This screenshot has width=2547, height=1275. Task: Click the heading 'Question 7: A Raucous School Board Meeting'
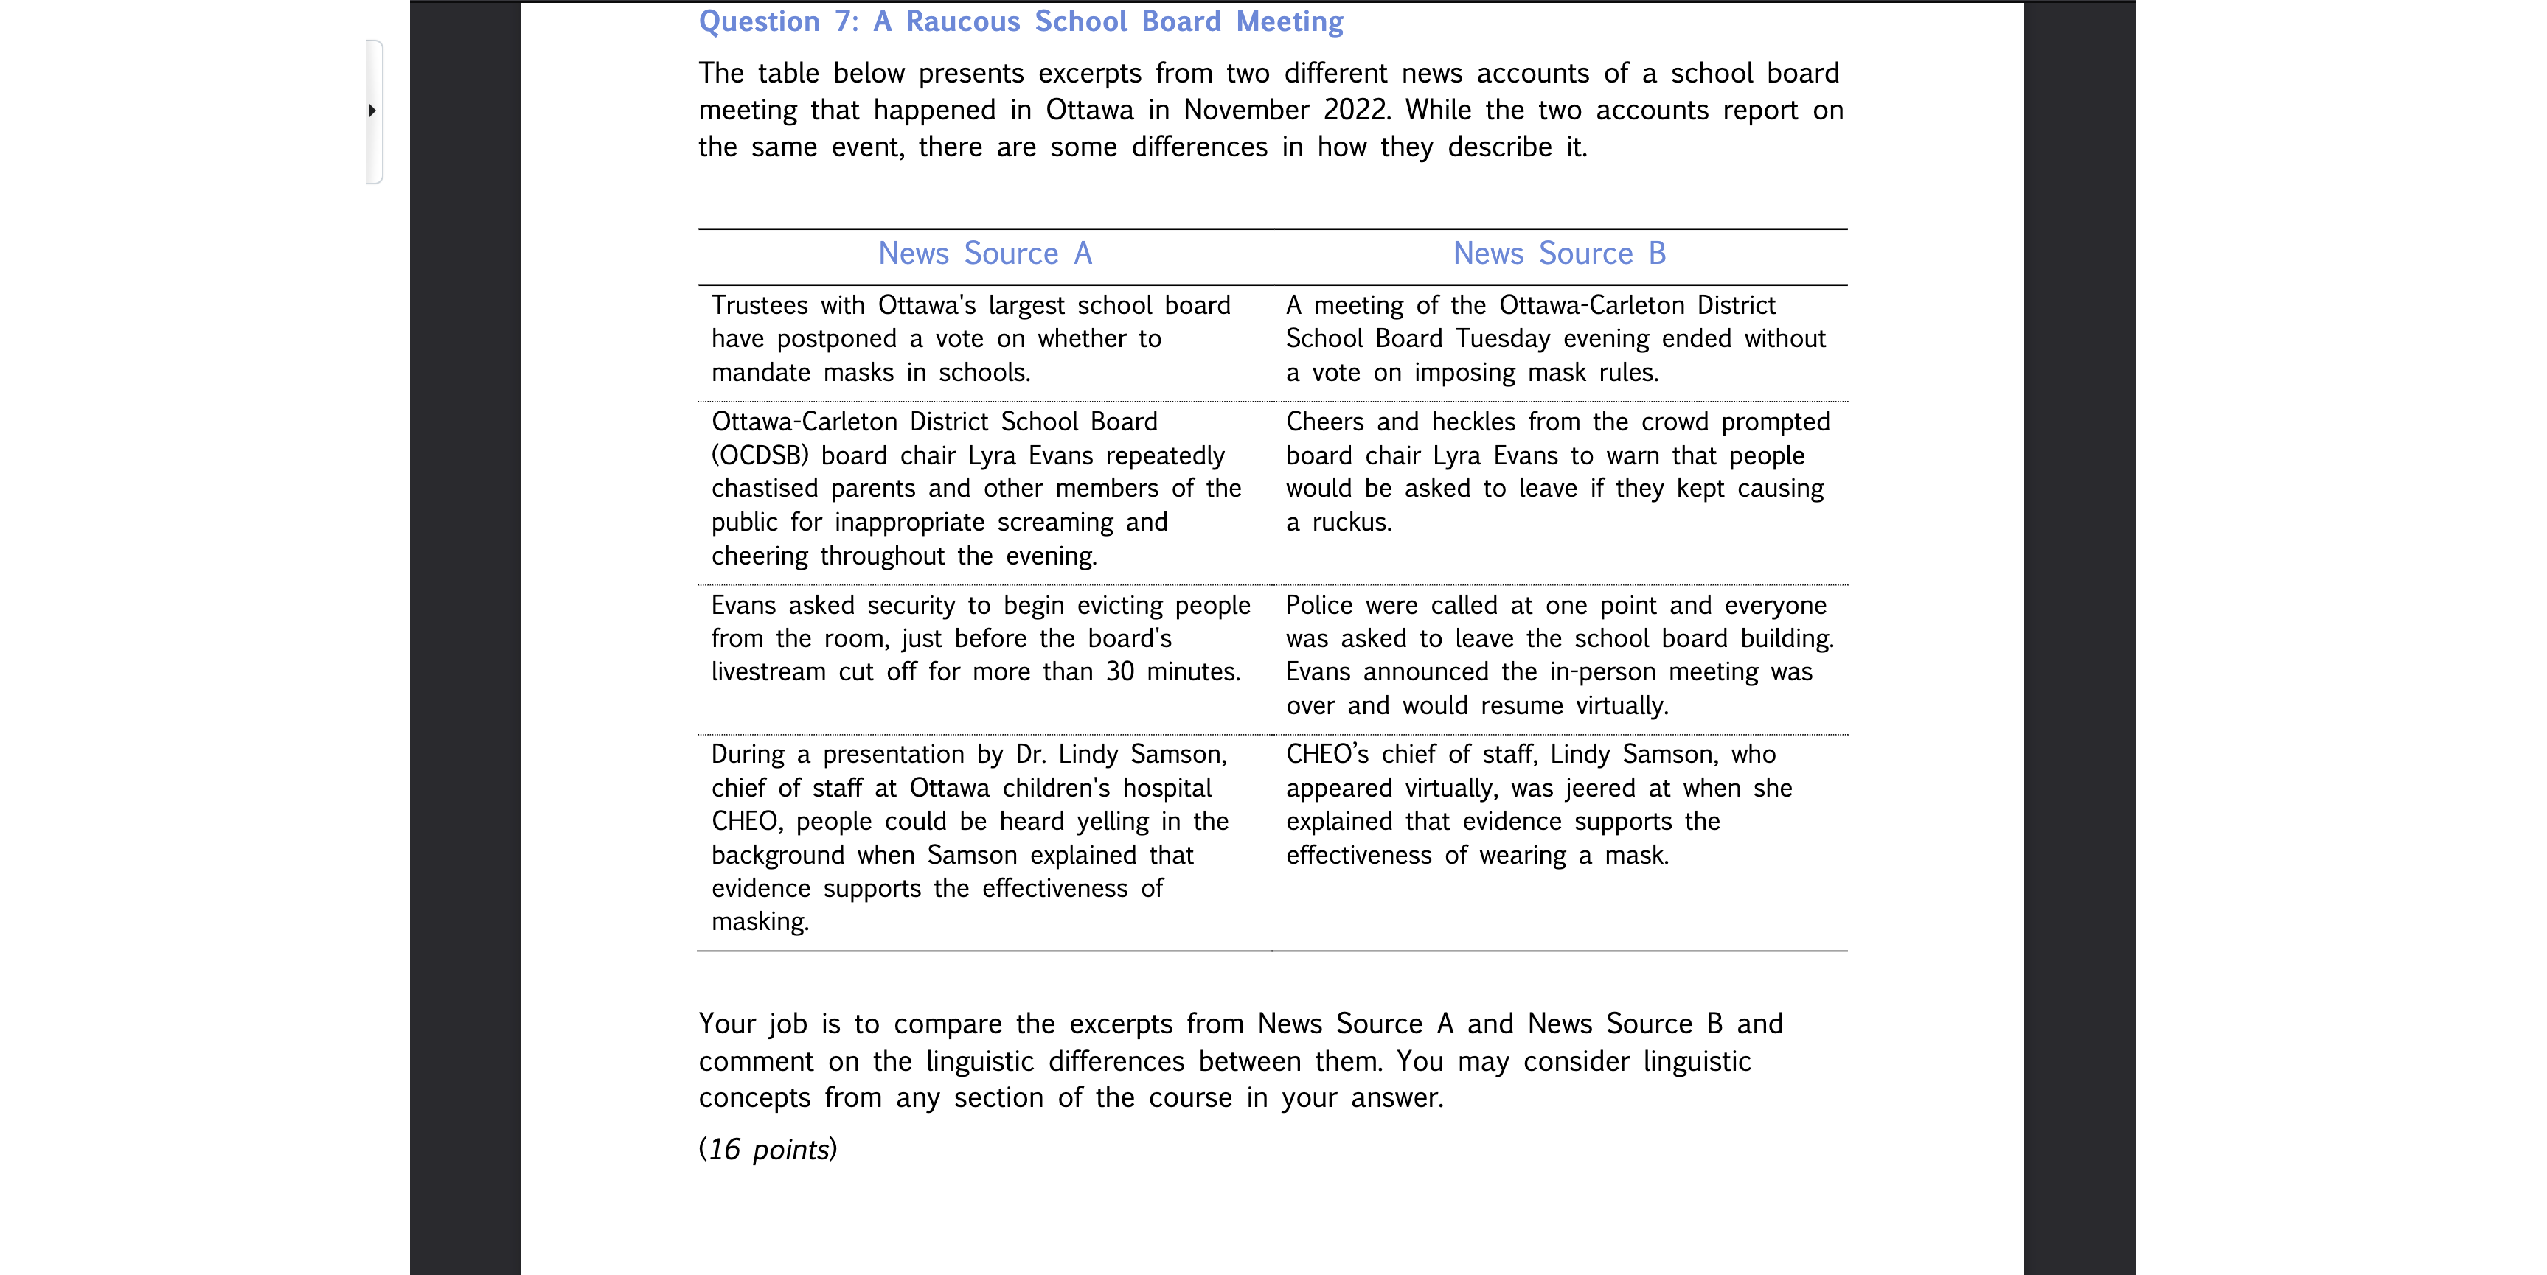(x=1021, y=22)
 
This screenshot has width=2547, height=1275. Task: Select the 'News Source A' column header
(x=984, y=254)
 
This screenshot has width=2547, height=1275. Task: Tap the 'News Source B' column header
(x=1560, y=254)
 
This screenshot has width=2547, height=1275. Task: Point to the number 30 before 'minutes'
(x=1120, y=672)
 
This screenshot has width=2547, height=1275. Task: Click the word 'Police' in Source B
(x=1319, y=606)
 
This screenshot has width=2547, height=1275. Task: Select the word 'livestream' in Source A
(x=768, y=672)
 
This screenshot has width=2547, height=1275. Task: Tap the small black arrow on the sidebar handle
(x=372, y=111)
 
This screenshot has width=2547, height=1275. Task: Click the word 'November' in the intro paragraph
(x=1245, y=110)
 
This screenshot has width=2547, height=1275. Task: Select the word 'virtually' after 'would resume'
(x=1621, y=706)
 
